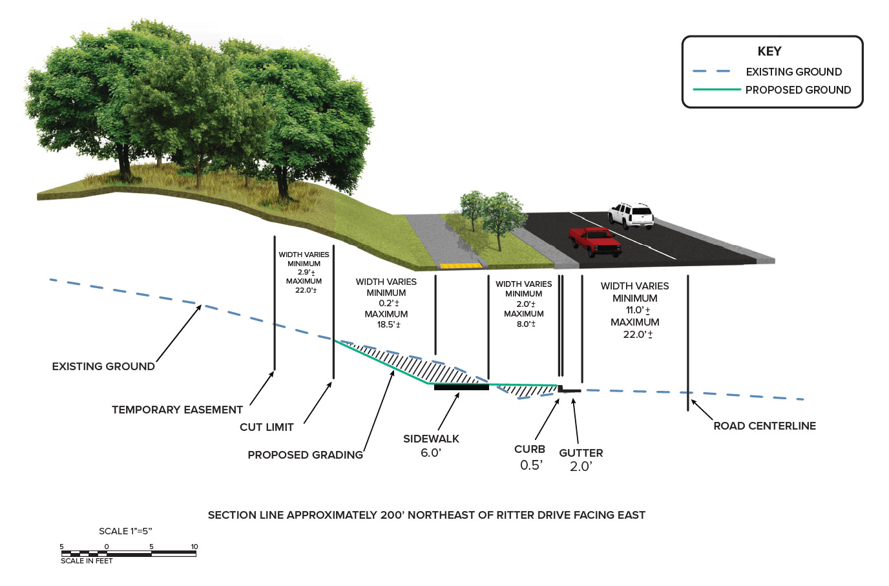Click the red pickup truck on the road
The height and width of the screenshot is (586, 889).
coord(595,241)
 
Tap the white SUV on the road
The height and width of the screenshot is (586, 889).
coord(631,215)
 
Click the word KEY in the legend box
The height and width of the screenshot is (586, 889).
coord(769,52)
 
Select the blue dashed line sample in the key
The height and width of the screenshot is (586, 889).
coord(711,71)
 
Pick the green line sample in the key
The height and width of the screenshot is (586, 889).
coord(716,90)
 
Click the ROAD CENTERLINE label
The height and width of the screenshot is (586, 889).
coord(764,426)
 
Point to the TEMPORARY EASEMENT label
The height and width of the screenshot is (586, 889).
coord(177,410)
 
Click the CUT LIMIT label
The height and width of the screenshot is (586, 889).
coord(266,427)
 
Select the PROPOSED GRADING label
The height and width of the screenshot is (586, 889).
coord(305,455)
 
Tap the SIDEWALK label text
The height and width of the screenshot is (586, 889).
coord(431,439)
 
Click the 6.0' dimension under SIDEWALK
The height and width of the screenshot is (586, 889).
coord(431,453)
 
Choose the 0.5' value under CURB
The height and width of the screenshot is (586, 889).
coord(531,465)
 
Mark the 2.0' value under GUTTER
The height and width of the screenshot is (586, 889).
coord(581,466)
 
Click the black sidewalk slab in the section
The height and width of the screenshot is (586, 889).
coord(461,387)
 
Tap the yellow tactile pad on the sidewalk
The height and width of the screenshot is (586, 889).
coord(461,266)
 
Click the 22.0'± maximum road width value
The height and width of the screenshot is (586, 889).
coord(638,335)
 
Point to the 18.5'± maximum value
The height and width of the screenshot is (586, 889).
coord(388,324)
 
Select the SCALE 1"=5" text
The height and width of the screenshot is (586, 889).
coord(125,531)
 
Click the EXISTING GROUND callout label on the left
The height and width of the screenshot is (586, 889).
coord(103,366)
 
